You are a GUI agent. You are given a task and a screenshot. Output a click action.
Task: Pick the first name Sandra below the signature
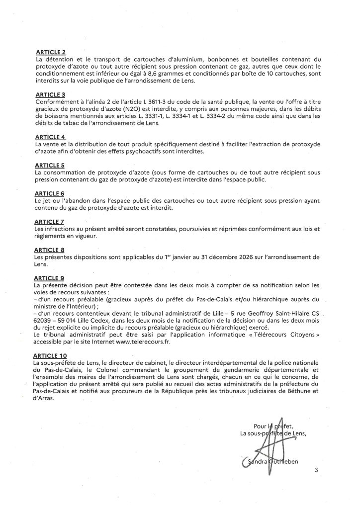click(x=258, y=464)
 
